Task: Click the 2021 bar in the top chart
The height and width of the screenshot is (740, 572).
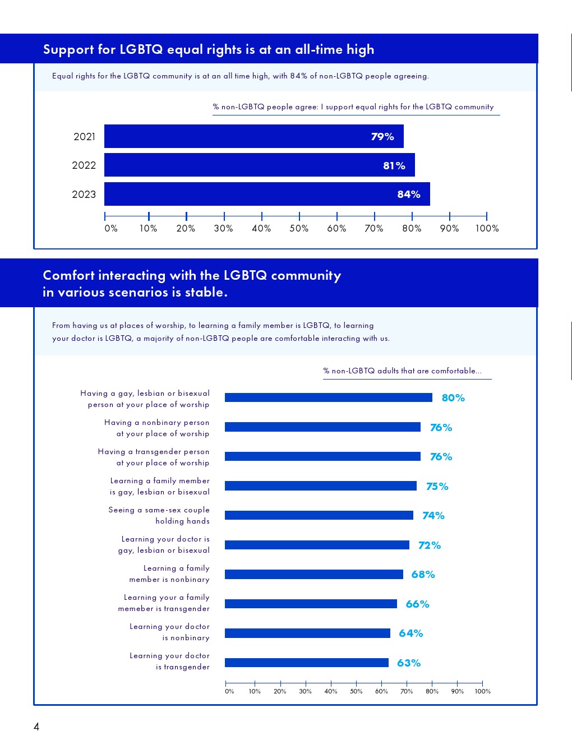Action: coord(253,136)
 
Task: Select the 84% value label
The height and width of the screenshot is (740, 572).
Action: coord(408,195)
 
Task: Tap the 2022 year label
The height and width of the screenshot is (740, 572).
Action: coord(84,165)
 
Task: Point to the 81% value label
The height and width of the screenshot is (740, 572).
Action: coord(394,166)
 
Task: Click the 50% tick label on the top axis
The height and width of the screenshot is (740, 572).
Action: coord(299,229)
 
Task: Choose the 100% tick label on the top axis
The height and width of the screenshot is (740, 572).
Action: coord(487,229)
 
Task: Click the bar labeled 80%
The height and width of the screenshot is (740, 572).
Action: coord(328,397)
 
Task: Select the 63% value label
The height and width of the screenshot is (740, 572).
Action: coord(409,663)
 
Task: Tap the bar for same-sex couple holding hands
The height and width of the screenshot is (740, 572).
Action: coord(319,515)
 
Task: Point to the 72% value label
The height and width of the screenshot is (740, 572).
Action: coord(430,545)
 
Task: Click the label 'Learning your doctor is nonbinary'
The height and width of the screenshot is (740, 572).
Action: coord(169,632)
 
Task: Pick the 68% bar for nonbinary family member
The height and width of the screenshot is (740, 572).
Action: coord(313,574)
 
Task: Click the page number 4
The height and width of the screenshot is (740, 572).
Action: coord(36,727)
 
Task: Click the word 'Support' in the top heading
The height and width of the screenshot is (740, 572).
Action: coord(68,50)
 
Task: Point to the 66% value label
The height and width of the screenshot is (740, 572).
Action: coord(417,604)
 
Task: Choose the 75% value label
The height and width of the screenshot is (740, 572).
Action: coord(437,487)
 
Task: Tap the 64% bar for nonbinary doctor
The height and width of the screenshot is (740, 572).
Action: coord(307,633)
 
